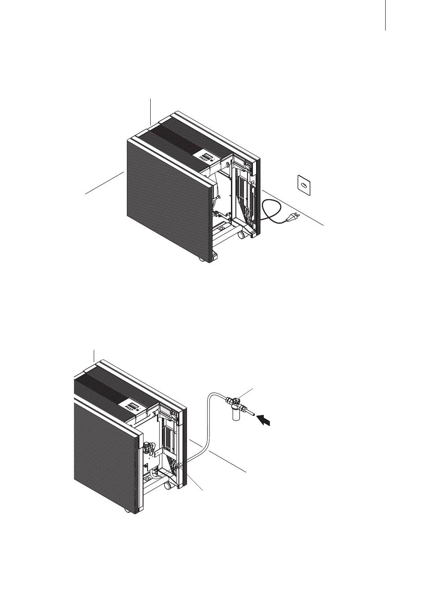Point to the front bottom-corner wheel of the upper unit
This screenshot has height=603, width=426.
(x=201, y=260)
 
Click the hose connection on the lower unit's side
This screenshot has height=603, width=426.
(x=179, y=466)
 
